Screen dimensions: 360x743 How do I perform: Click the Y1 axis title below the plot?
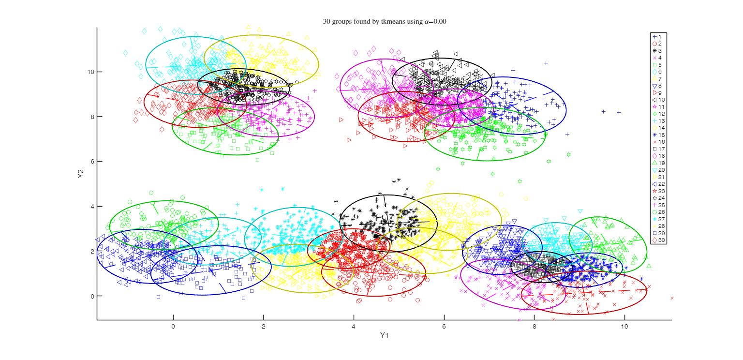pos(384,335)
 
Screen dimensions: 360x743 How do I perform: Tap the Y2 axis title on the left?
pos(81,174)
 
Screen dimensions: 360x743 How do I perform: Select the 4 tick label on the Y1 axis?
pos(354,327)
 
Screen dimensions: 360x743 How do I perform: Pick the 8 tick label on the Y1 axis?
pos(534,327)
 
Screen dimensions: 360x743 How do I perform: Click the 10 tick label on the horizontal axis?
pos(624,327)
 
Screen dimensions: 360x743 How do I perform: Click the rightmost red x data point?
pos(672,298)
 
